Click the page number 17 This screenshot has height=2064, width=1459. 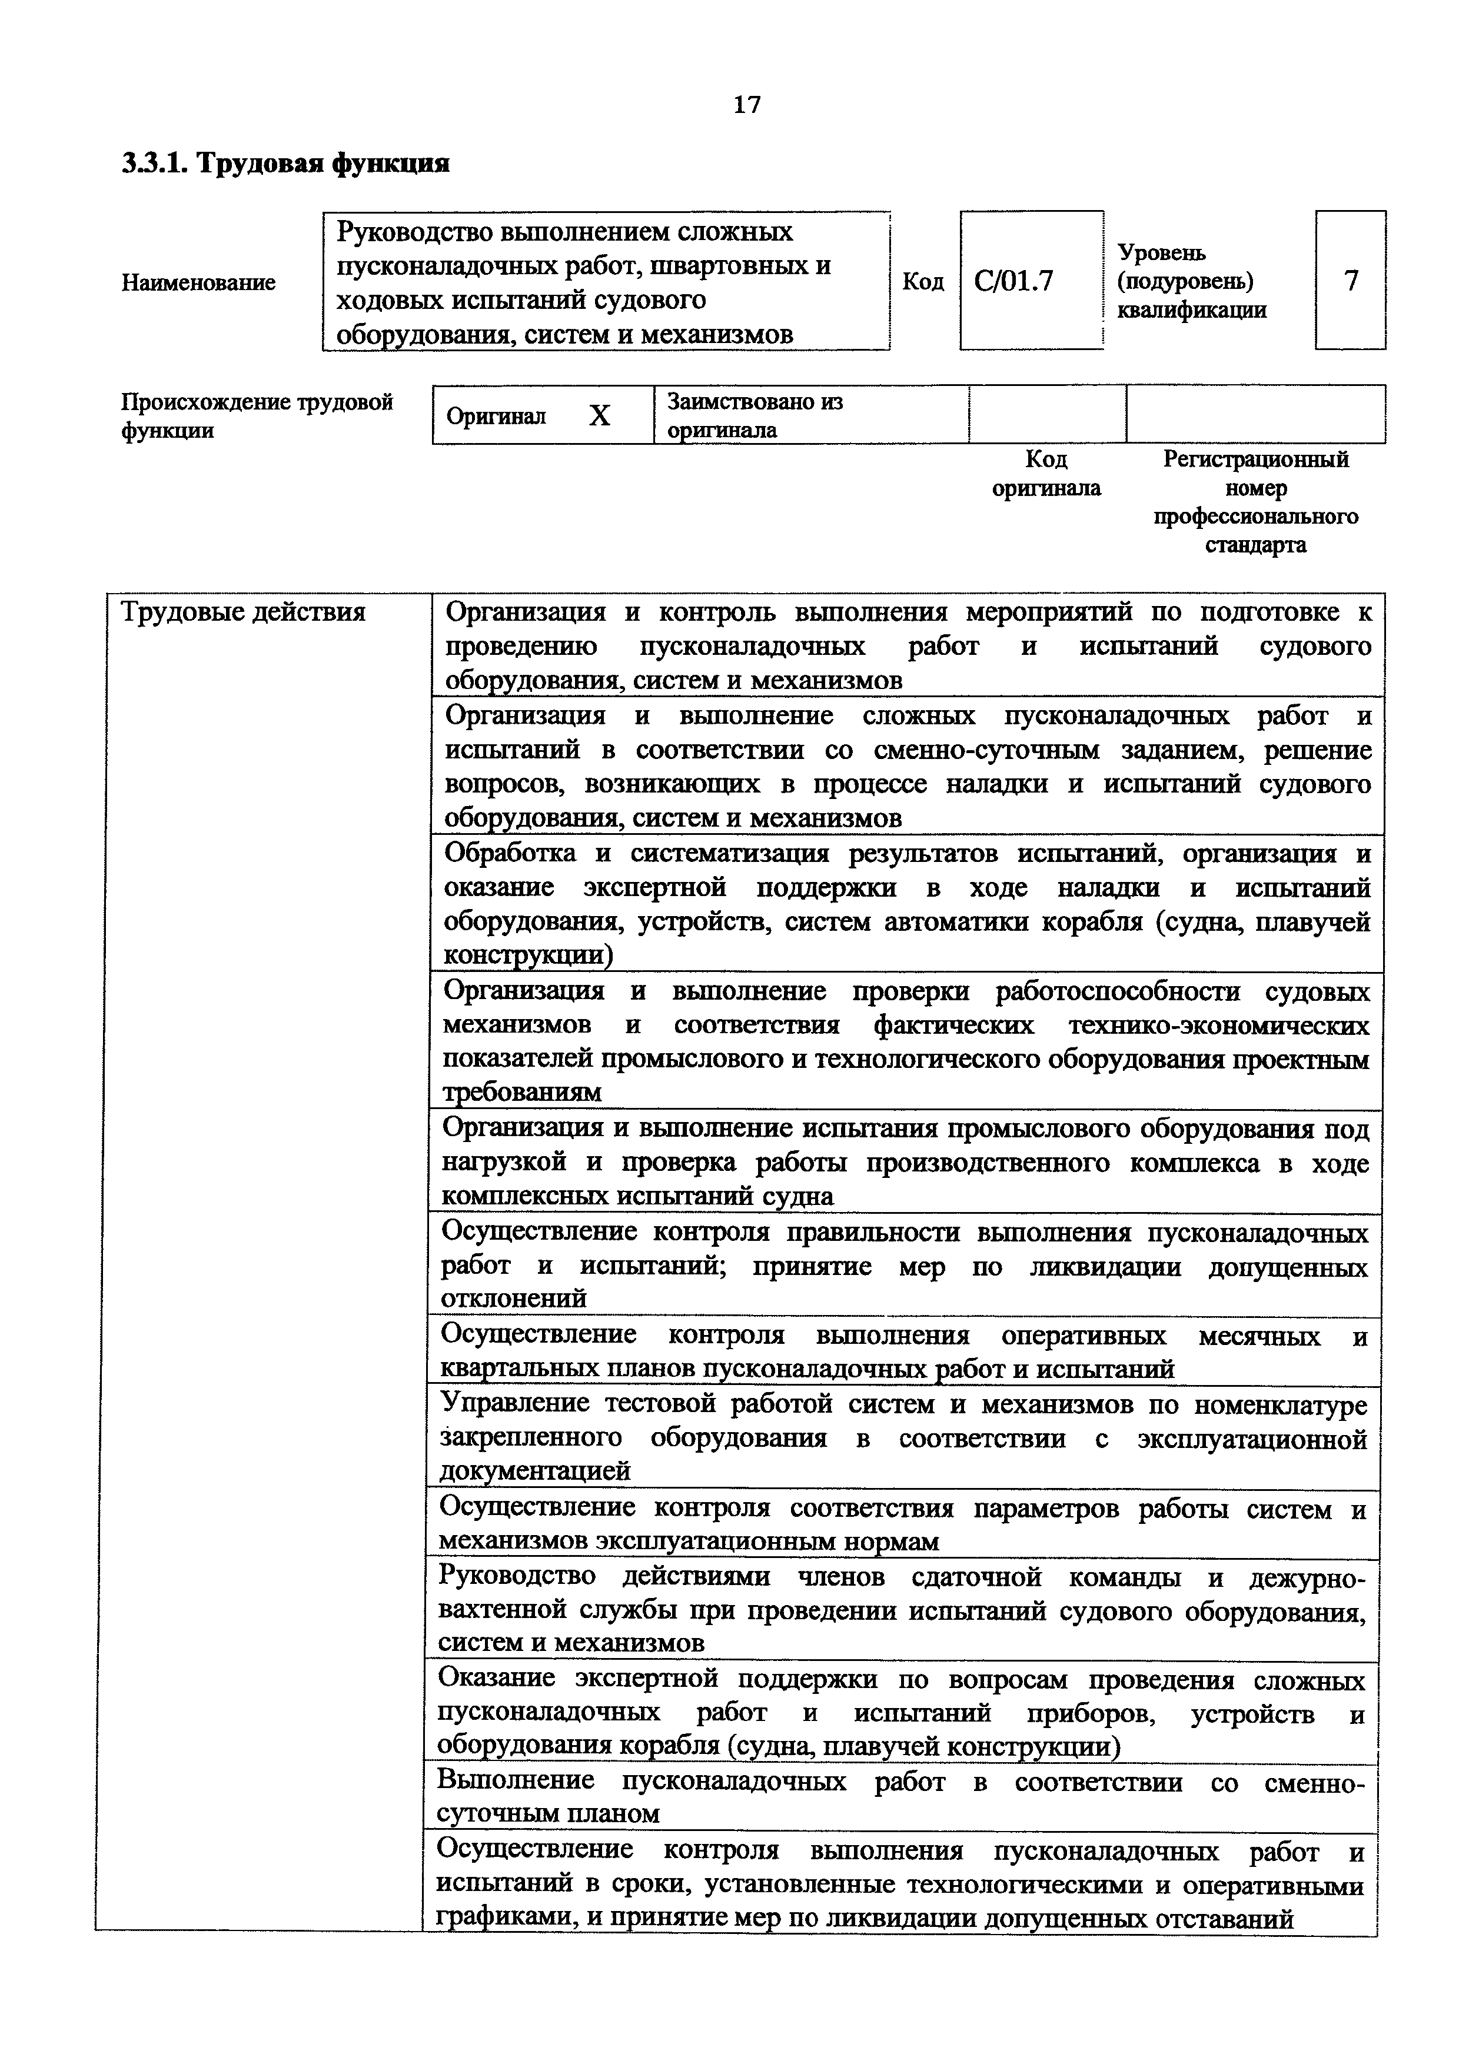(746, 105)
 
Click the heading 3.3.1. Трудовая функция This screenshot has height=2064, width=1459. (285, 164)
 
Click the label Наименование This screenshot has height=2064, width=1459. (199, 282)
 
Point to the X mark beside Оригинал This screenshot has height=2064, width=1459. (600, 415)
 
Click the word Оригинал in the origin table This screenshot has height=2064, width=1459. (496, 416)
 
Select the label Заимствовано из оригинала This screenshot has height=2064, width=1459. (755, 415)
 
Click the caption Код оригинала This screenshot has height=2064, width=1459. (1046, 474)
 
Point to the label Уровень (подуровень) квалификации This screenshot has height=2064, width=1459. (1191, 281)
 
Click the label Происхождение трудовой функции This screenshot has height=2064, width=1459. (257, 415)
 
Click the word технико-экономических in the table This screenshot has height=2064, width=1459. (1219, 1025)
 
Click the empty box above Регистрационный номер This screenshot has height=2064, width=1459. (1255, 414)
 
